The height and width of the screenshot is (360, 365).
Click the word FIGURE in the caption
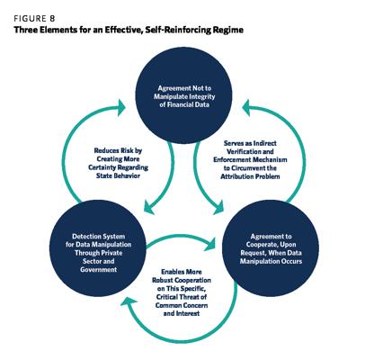click(30, 19)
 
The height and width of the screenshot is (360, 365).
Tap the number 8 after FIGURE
click(52, 19)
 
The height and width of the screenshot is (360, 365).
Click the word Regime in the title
click(228, 31)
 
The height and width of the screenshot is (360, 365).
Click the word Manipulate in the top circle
click(168, 96)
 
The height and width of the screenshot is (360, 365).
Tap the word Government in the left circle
click(99, 269)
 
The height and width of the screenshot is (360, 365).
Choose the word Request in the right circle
click(253, 253)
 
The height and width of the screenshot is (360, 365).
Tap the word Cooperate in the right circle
click(263, 245)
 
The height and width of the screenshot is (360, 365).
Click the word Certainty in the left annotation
click(102, 167)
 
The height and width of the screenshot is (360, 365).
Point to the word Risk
click(125, 150)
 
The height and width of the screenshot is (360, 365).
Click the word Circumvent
click(251, 168)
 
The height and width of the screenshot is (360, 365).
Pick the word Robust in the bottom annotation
click(162, 280)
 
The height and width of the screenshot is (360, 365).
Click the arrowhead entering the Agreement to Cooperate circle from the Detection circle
click(210, 245)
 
